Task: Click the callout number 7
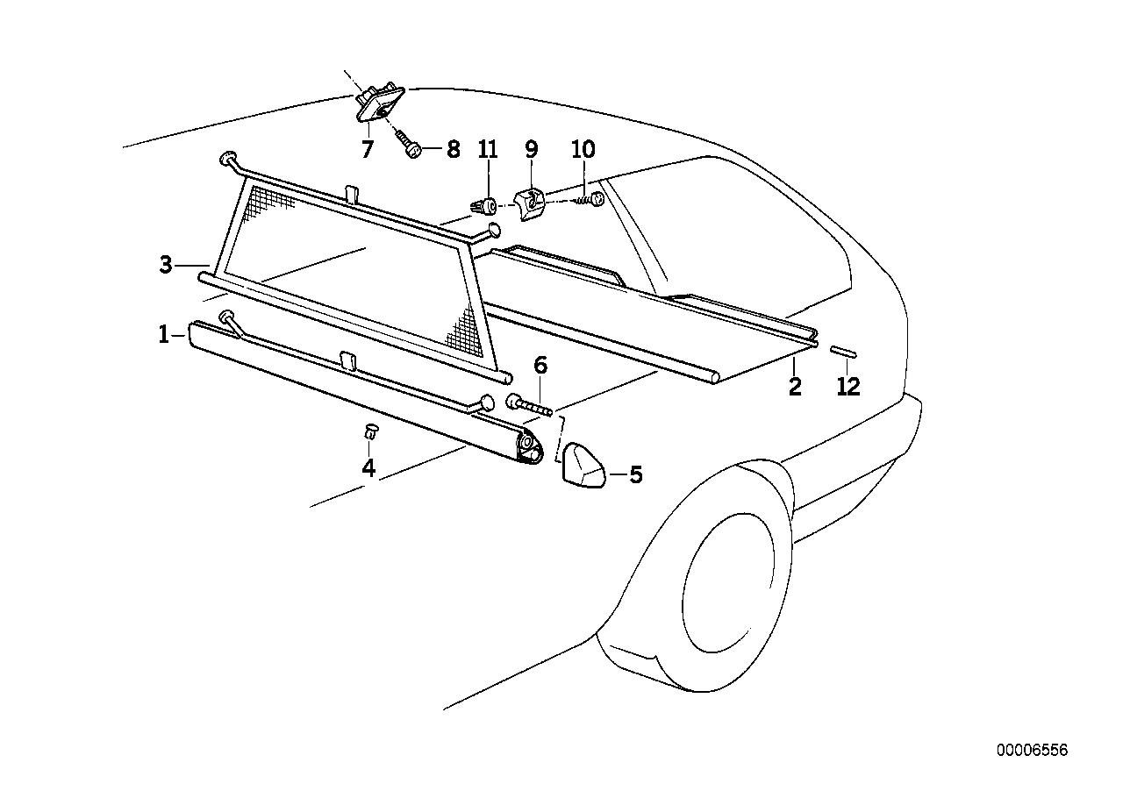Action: (368, 149)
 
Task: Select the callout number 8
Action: (453, 149)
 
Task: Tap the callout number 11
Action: (488, 149)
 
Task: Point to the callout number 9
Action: (532, 149)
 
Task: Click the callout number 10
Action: (583, 149)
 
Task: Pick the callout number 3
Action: (166, 265)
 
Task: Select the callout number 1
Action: (163, 335)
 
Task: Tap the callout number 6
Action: (540, 366)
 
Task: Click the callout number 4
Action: (368, 468)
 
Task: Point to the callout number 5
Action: (635, 475)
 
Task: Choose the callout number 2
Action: (795, 387)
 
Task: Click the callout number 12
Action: (848, 387)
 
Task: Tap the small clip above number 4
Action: (370, 431)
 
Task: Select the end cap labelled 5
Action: (583, 466)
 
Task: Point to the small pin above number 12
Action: (843, 352)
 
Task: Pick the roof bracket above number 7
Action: (380, 106)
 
